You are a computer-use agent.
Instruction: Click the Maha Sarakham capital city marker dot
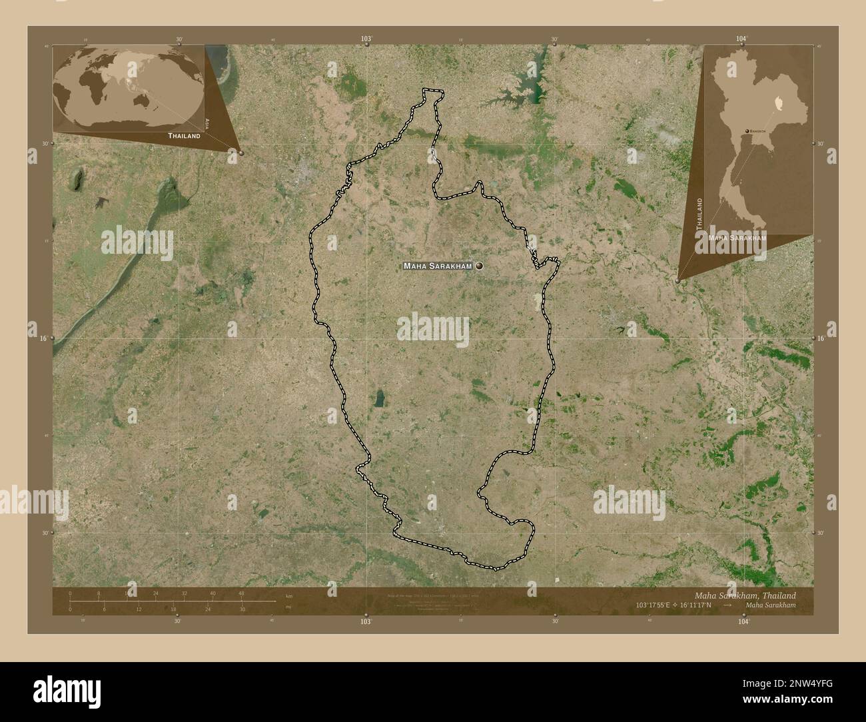click(479, 266)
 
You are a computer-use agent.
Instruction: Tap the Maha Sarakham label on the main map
click(437, 266)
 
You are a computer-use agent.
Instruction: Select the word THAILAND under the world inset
click(184, 135)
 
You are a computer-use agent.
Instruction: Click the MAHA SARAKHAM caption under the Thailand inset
click(737, 238)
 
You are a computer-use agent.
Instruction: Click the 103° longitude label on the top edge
click(366, 39)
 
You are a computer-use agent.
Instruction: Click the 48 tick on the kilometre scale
click(241, 593)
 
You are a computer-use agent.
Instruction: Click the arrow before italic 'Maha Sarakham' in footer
click(729, 605)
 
